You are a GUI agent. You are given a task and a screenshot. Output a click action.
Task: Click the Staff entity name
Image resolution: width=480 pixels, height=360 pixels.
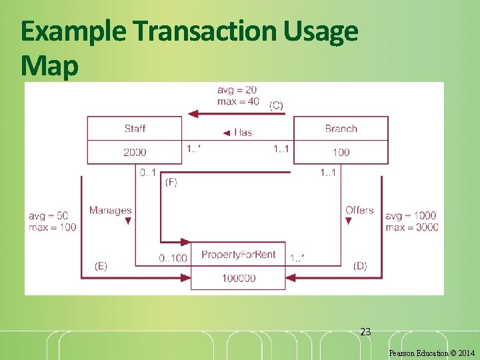[135, 129]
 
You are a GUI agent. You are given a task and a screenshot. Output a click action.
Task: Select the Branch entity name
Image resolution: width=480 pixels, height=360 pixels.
[341, 129]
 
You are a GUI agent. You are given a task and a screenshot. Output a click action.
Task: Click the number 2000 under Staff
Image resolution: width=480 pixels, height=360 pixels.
[135, 152]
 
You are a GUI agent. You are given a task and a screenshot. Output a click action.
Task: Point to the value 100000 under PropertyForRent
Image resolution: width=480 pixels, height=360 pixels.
[238, 278]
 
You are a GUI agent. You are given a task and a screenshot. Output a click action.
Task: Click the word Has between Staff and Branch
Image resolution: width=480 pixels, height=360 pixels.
[243, 132]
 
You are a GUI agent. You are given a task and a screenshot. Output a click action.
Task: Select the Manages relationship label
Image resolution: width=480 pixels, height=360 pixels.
[110, 211]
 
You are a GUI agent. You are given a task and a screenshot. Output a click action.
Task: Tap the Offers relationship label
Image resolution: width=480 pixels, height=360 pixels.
[359, 211]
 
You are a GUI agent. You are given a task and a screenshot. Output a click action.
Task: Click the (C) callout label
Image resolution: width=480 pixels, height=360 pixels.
[276, 105]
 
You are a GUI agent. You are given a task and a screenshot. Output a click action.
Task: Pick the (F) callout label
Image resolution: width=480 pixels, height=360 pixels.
[171, 181]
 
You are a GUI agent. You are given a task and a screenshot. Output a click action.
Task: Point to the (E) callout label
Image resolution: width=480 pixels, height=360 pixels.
[101, 266]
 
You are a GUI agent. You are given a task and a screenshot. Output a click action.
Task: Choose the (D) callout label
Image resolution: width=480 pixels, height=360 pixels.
[360, 266]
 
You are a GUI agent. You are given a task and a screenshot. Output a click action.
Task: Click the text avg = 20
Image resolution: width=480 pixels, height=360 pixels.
[237, 90]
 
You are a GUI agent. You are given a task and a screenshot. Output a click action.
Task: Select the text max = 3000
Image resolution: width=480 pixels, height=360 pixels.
[412, 227]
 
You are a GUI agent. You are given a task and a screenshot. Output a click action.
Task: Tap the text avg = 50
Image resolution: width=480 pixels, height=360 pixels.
[48, 216]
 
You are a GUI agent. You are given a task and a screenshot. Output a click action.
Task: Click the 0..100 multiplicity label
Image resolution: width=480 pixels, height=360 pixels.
[173, 258]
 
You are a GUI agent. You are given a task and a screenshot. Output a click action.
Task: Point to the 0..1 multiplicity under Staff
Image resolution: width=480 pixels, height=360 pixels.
[148, 173]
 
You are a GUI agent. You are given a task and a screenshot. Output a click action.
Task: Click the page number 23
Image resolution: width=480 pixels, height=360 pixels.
[365, 331]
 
